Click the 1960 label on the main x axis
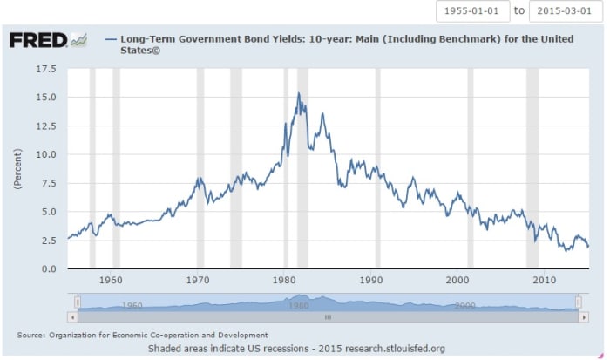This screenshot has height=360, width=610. click(111, 281)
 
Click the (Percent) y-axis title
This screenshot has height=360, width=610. click(17, 168)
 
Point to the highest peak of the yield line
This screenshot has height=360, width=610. click(299, 92)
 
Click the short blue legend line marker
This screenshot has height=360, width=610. click(110, 39)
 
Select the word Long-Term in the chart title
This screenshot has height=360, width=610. click(146, 39)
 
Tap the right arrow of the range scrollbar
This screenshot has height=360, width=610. click(584, 318)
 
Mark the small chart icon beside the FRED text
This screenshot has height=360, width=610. click(79, 39)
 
